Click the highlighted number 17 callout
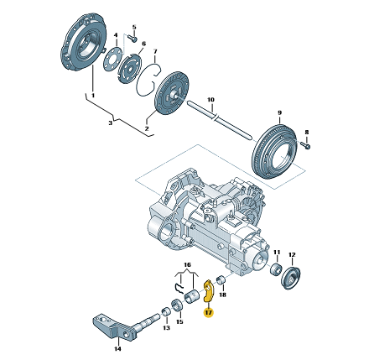click(209, 312)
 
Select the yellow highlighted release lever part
click(208, 291)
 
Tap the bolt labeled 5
click(133, 38)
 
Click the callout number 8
click(306, 132)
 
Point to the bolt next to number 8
click(306, 145)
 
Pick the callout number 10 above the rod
click(210, 100)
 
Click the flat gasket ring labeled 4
click(113, 60)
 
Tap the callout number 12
click(292, 255)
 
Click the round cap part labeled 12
click(290, 278)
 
